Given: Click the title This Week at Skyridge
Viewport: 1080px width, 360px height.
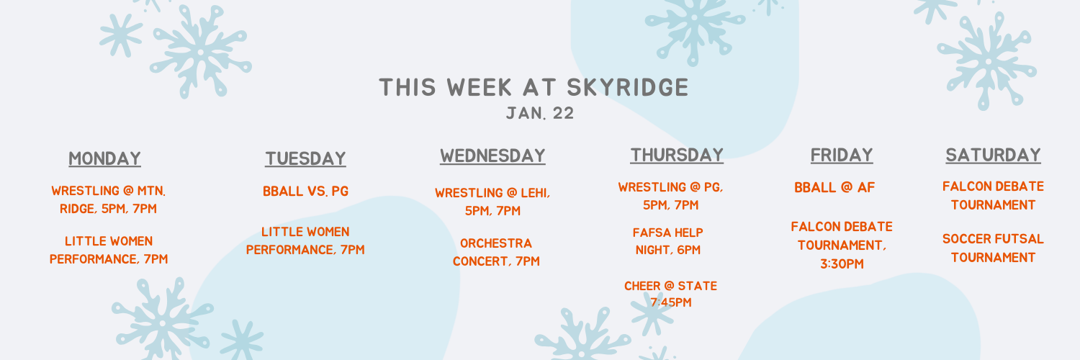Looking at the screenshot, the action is (534, 87).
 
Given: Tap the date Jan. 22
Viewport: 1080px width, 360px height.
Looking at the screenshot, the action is (540, 113).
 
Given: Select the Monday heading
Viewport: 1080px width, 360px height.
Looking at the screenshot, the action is (104, 158).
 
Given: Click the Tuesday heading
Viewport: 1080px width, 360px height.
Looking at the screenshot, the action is (306, 158).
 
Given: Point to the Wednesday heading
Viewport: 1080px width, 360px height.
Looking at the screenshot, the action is (492, 156).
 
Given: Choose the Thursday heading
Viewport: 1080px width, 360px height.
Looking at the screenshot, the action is (677, 155).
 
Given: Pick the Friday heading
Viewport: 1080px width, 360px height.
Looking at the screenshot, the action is (842, 155).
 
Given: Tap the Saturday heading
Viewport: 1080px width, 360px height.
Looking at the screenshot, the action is (993, 155).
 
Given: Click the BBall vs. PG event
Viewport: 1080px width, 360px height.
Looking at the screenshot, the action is (306, 192).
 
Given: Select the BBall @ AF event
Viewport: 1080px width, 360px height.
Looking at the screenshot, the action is (834, 187).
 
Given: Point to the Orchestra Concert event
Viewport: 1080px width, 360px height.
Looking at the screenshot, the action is (496, 252).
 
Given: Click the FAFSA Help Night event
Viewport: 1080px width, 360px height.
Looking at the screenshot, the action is (668, 241).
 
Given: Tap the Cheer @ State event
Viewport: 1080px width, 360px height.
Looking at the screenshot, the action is (670, 294).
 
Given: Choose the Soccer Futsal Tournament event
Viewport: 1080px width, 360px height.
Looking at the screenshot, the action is (993, 248).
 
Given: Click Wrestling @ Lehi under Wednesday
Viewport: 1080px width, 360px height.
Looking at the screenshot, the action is (492, 202).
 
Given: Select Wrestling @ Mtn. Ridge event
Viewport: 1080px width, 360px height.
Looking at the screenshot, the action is (109, 199).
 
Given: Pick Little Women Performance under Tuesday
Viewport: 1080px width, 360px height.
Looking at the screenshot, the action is (306, 240).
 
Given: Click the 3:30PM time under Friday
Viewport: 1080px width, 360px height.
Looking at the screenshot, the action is (842, 264).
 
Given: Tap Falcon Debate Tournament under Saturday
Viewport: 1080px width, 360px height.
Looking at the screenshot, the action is (993, 196).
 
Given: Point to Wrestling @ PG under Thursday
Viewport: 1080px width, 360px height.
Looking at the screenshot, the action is (670, 196).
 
